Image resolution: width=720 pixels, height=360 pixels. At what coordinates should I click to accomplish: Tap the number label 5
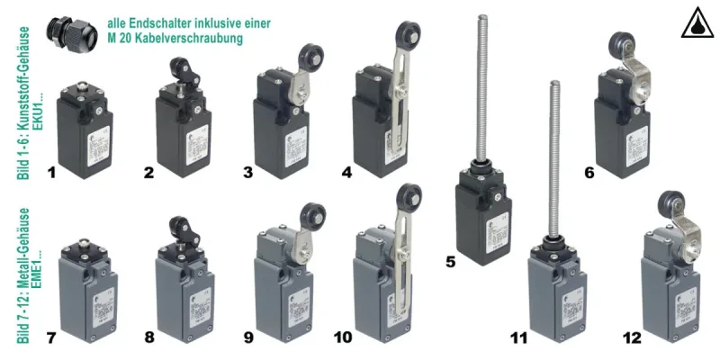click(x=453, y=262)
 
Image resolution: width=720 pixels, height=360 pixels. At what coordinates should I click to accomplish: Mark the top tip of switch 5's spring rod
click(x=472, y=18)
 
